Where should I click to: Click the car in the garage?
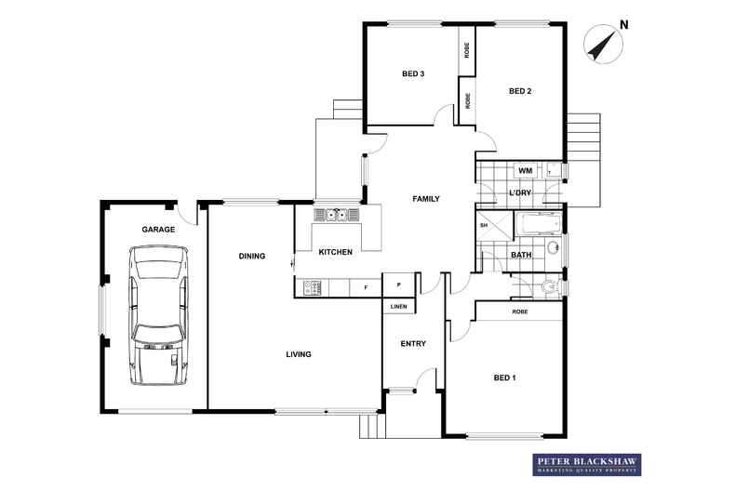tap(158, 315)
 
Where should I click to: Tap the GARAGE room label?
tap(158, 230)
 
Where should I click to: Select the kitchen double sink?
tap(337, 215)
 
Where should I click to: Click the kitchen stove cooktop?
tap(312, 287)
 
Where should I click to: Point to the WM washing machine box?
tap(526, 170)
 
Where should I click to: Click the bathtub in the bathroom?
tap(538, 223)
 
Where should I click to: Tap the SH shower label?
tap(484, 225)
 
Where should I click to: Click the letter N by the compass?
tap(624, 25)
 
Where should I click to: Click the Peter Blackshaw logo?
tap(587, 465)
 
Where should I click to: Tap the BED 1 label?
tap(505, 377)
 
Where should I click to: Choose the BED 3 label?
tap(413, 73)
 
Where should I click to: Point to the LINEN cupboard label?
tap(399, 307)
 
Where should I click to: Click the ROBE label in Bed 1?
tap(520, 311)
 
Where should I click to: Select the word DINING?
tap(252, 256)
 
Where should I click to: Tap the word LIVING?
tap(299, 354)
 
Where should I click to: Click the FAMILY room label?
tap(426, 199)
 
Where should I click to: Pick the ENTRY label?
tap(413, 344)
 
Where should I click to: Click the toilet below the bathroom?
tap(550, 285)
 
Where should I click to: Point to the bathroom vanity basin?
tap(554, 247)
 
